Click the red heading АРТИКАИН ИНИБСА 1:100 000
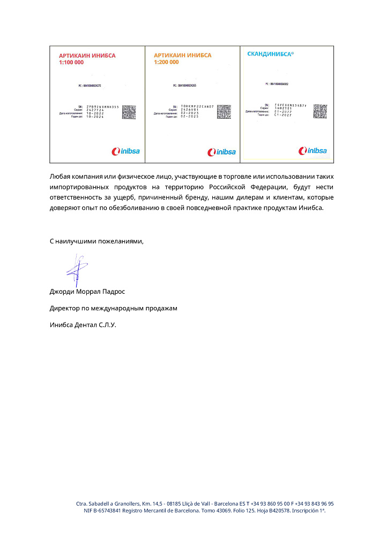[87, 59]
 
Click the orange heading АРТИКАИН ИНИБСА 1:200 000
[182, 59]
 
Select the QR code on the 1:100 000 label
[129, 112]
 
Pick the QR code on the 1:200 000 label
[224, 111]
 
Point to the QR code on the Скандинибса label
[319, 111]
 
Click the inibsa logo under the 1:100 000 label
[125, 151]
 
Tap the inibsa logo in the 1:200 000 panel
[221, 151]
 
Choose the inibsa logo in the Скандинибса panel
[313, 151]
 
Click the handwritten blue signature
[77, 270]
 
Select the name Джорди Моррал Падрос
[87, 292]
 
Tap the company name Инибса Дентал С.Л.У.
[83, 325]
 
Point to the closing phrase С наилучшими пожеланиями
[97, 241]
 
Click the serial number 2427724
[87, 110]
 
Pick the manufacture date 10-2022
[87, 113]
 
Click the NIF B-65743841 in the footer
[105, 510]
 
